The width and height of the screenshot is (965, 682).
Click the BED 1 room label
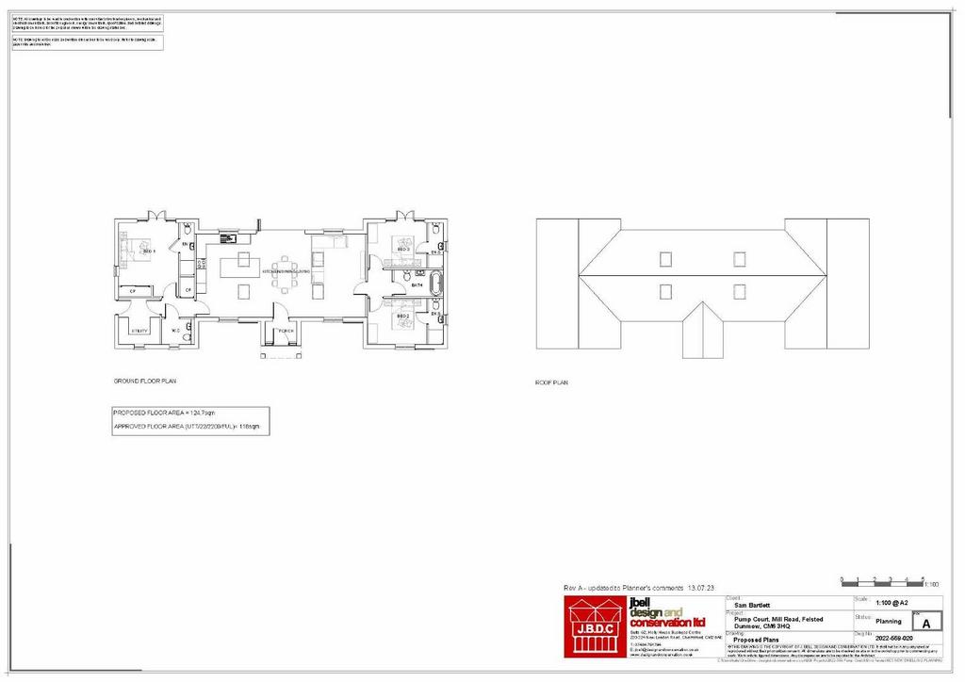pos(148,252)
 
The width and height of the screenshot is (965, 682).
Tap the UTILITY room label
pos(139,331)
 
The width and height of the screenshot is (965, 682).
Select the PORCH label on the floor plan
pos(286,332)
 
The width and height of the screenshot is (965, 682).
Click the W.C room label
pos(175,331)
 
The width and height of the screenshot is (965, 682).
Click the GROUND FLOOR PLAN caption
pos(145,382)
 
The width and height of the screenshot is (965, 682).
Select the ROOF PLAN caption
pos(551,383)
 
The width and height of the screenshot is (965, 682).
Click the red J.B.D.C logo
pos(594,626)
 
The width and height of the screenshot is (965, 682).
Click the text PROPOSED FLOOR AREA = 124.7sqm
pos(164,414)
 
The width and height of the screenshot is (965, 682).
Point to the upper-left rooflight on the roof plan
pos(666,258)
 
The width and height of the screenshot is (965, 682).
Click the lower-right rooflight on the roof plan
pos(740,291)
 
